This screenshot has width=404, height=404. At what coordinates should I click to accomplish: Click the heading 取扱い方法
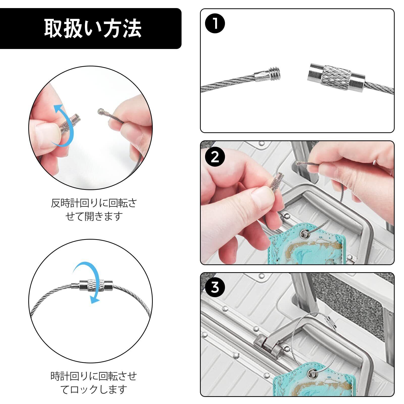93,28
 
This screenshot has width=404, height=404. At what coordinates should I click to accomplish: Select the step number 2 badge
215,157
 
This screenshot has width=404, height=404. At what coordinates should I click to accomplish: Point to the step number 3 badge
215,287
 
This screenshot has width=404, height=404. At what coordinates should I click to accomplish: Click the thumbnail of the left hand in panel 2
263,199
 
